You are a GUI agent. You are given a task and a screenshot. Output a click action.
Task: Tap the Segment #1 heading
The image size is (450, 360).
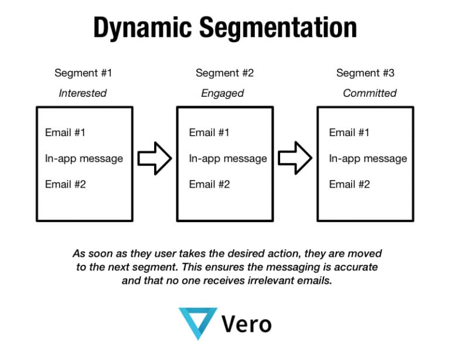tap(83, 73)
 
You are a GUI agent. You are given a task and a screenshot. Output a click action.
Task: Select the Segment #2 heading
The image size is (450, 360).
tap(224, 73)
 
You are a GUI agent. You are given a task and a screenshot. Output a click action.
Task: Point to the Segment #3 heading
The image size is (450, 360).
tap(365, 73)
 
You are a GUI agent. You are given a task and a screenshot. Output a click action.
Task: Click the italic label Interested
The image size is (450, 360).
tap(83, 93)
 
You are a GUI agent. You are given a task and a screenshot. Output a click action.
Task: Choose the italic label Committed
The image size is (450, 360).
tap(369, 93)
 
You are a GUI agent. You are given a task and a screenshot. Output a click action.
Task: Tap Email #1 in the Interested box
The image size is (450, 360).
tap(65, 133)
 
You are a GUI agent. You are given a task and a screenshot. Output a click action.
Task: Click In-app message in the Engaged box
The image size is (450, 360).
tap(227, 158)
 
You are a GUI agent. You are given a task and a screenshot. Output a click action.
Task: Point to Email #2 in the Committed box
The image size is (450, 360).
tap(349, 185)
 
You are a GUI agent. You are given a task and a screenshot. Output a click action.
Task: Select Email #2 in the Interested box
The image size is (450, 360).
tap(65, 185)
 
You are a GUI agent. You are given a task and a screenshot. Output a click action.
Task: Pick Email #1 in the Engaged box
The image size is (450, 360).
tap(209, 133)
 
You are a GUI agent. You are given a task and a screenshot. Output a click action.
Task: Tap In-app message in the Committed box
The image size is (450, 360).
tap(368, 158)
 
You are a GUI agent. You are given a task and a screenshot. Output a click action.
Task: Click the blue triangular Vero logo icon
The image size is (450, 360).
tap(197, 323)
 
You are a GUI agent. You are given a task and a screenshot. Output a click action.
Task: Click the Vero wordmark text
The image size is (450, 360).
tap(247, 324)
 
